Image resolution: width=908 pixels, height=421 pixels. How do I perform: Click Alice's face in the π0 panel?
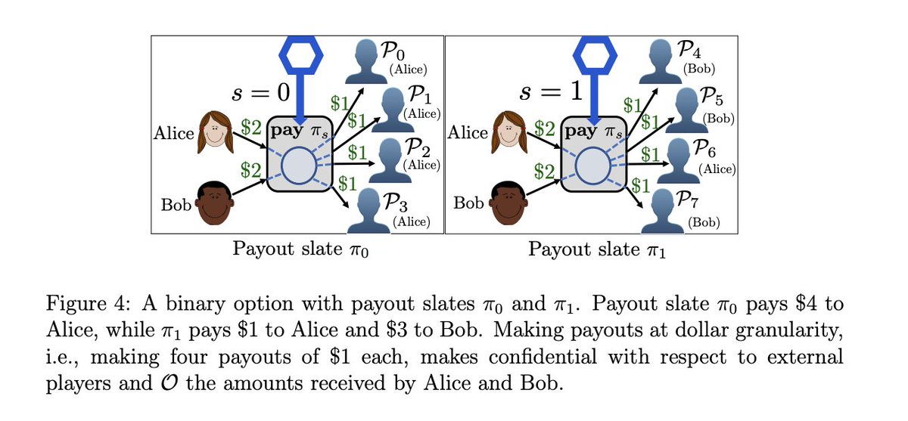point(216,132)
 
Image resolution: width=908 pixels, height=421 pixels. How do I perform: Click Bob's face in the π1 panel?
point(508,203)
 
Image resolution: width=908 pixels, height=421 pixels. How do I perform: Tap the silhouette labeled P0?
point(366,61)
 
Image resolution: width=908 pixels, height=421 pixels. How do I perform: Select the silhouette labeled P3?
point(369,211)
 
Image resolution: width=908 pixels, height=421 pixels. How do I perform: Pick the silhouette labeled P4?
point(661,61)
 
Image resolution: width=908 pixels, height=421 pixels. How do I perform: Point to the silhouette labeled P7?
point(662,212)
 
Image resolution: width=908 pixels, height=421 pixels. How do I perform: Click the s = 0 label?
point(260,93)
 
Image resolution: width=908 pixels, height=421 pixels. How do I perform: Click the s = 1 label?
point(552,91)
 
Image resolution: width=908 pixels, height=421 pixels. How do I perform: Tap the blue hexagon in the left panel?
point(301,55)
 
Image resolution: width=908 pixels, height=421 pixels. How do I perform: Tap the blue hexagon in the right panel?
point(595,55)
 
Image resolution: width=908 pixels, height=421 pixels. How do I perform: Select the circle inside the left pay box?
point(299,166)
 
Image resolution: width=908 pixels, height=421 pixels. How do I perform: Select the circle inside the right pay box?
point(592,166)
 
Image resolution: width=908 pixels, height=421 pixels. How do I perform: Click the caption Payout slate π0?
point(300,249)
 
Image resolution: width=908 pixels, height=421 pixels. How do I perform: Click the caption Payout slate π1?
point(597,249)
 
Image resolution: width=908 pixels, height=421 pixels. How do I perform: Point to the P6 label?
point(704,149)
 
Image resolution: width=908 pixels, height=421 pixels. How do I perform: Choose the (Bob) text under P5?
point(718,119)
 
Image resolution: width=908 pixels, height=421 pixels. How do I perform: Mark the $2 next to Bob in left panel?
point(251,170)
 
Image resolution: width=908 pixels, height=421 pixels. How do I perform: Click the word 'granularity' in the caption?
point(789,331)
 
